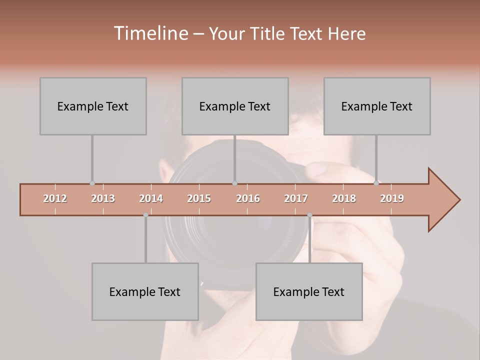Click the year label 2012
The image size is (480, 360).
(x=55, y=198)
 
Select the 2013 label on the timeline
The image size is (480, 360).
(x=103, y=198)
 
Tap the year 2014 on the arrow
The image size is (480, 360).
(x=151, y=198)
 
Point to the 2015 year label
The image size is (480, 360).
(x=199, y=198)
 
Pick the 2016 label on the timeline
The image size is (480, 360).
(x=248, y=198)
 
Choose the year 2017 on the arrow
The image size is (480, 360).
(x=296, y=198)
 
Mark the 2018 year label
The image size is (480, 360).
(x=344, y=198)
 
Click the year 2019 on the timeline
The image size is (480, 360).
(x=392, y=198)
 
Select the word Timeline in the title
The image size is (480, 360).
(x=150, y=33)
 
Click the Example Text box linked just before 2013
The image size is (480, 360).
(x=93, y=106)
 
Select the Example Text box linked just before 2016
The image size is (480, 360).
(x=235, y=106)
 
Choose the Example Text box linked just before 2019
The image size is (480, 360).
(x=377, y=106)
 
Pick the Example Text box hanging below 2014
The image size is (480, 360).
(x=145, y=291)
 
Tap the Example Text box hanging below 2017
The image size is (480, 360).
(x=309, y=291)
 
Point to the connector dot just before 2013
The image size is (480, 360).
(x=92, y=183)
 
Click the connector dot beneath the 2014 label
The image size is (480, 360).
(x=145, y=215)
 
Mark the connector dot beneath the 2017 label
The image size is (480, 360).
(x=309, y=215)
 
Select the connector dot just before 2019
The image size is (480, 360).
(x=376, y=183)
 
